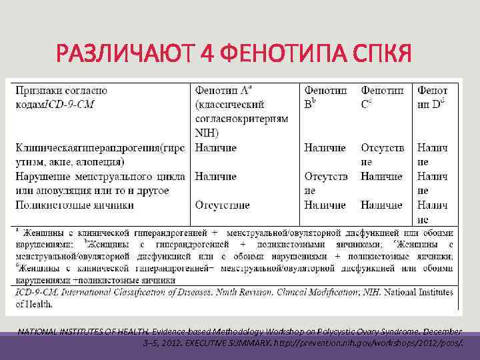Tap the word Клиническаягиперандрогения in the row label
pos(88,147)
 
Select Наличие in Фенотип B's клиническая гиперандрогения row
pos(325,147)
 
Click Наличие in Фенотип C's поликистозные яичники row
pos(381,205)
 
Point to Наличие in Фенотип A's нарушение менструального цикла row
pos(216,176)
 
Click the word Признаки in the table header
pos(39,90)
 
